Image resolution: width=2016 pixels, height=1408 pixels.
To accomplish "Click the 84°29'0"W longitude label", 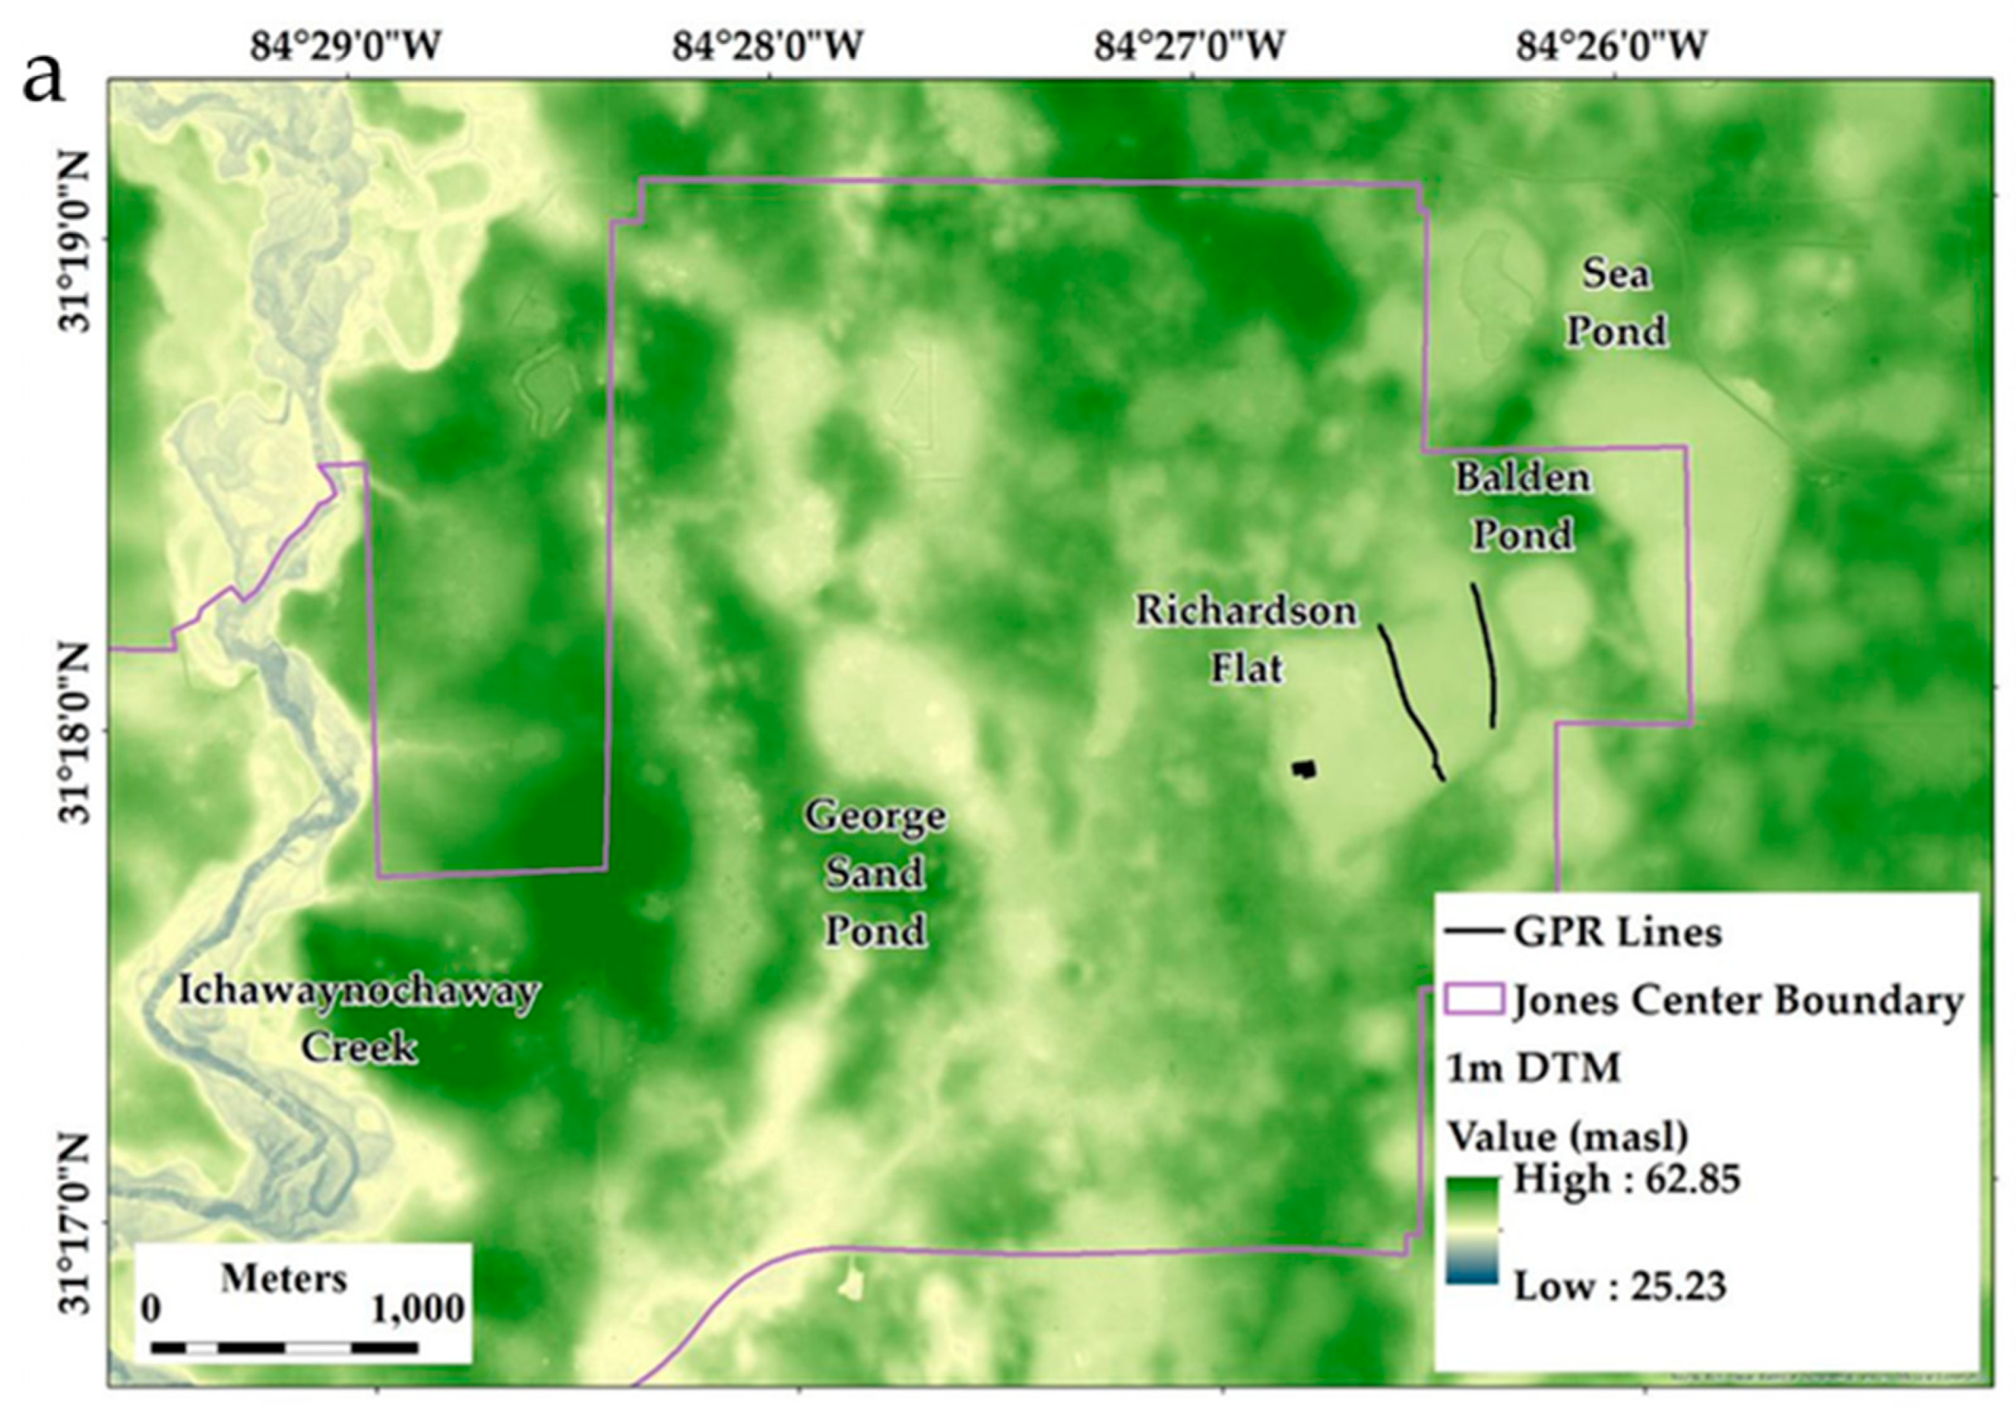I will coord(346,47).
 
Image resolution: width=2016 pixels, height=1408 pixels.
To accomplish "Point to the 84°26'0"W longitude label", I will coord(1613,47).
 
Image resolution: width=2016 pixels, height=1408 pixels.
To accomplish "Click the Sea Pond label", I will coord(1617,303).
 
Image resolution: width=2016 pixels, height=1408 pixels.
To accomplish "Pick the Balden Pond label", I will coord(1522,507).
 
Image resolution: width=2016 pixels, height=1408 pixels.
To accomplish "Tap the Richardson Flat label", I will coord(1246,639).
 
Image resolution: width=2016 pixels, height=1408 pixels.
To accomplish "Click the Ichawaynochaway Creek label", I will coord(359,1019).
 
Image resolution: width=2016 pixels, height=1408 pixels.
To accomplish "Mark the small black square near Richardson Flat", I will coord(1305,769).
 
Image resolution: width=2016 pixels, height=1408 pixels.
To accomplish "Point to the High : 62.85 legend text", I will coord(1626,1179).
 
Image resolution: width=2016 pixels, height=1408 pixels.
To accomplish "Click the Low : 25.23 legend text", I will coord(1620,1287).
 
